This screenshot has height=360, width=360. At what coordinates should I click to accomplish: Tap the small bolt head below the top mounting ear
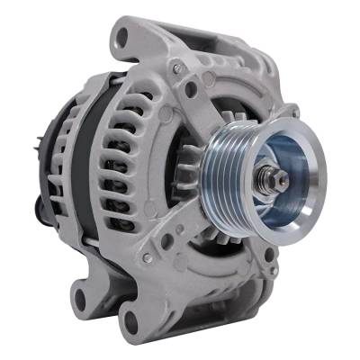(179, 69)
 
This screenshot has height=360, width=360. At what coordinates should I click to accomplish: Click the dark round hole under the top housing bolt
(190, 88)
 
